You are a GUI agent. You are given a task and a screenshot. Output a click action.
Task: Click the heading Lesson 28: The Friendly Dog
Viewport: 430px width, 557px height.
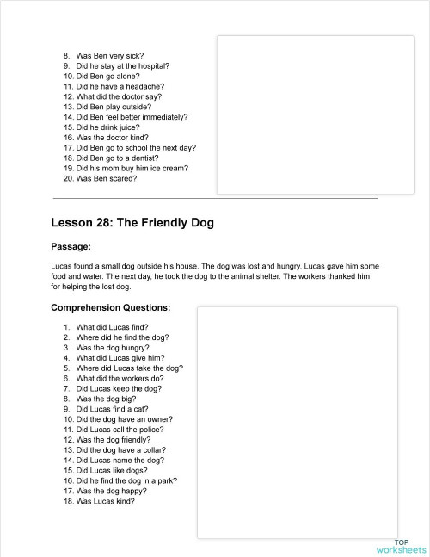pos(132,223)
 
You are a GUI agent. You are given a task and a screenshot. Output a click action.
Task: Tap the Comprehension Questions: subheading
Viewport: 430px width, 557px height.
pos(110,307)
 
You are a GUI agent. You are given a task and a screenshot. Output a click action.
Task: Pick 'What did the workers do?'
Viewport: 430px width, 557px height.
pos(119,378)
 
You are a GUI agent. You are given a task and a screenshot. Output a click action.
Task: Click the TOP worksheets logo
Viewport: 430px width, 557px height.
pos(401,545)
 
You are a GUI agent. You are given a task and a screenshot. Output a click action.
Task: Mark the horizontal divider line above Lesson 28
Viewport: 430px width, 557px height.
pos(215,199)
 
